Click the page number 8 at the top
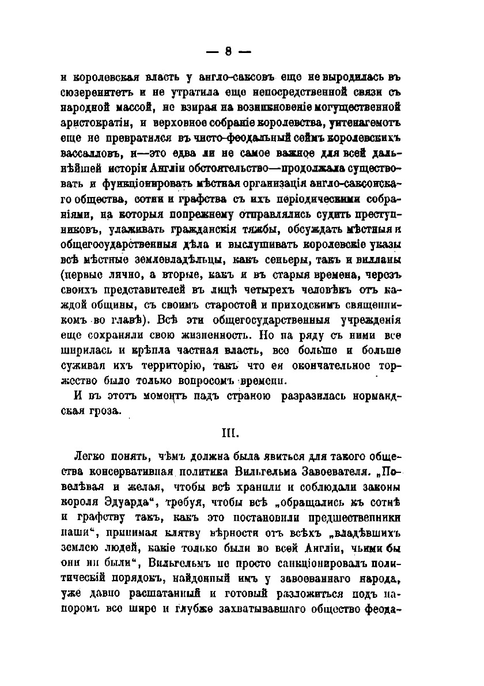(228, 50)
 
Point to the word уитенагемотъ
(362, 122)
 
